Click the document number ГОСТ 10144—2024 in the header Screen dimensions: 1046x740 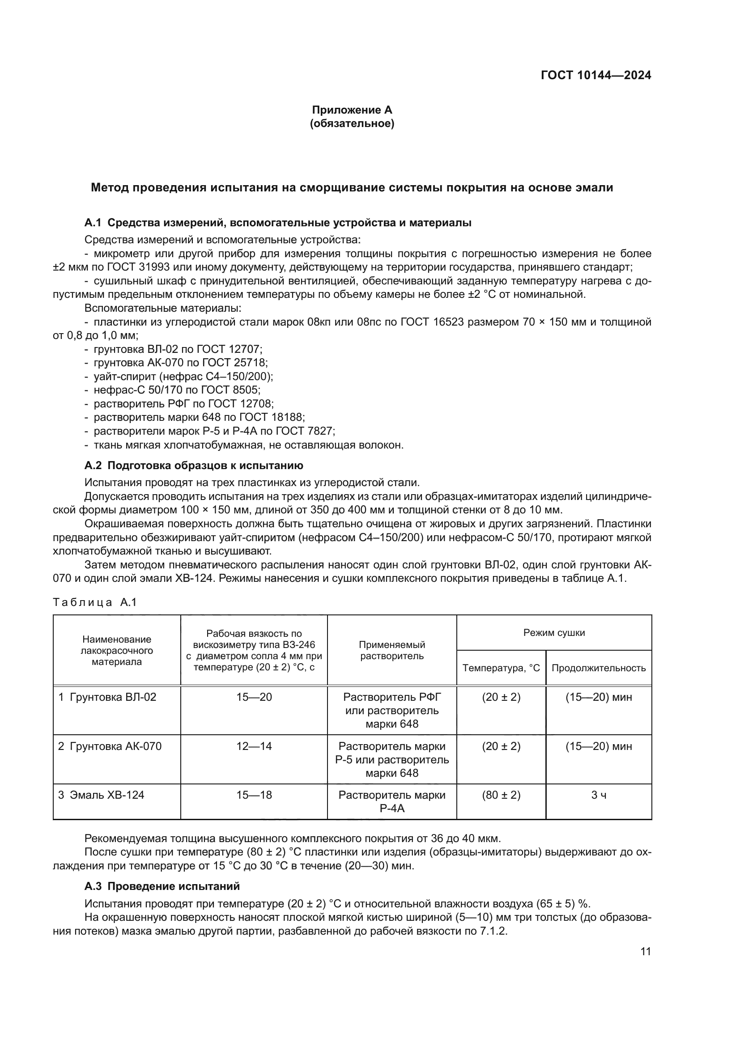pos(595,76)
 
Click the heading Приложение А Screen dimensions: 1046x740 pos(352,110)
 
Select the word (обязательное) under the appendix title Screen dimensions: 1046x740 pos(352,123)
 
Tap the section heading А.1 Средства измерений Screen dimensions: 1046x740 pos(277,223)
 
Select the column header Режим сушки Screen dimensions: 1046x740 pos(553,633)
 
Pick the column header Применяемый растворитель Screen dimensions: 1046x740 pos(392,650)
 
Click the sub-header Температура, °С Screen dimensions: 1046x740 pos(501,668)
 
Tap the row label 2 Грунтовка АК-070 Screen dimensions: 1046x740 pos(110,746)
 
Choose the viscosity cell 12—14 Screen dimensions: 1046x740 pos(254,746)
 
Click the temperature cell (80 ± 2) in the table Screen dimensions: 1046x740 pos(501,795)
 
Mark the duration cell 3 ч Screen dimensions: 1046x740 pos(598,795)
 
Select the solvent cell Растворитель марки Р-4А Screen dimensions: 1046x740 pos(392,801)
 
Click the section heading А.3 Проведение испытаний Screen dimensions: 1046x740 pos(162,886)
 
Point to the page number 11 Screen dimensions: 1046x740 pos(645,952)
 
